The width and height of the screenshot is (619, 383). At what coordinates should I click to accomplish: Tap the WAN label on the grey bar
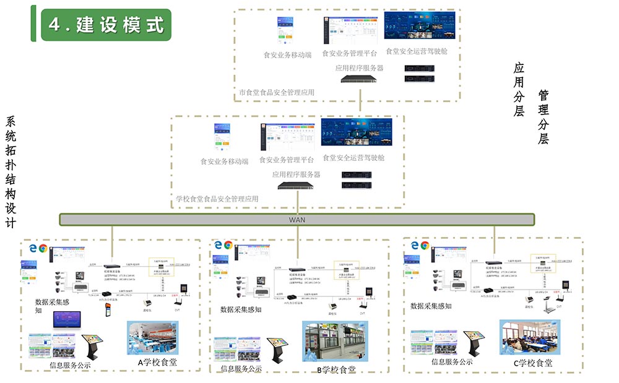[x=297, y=220]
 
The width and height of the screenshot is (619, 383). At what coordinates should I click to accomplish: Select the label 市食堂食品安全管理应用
[x=277, y=93]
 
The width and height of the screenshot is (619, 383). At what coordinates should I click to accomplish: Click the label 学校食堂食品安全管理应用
[x=217, y=199]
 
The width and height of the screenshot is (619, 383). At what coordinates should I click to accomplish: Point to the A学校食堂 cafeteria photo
[x=153, y=338]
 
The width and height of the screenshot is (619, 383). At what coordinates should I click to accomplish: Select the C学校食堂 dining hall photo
[x=529, y=337]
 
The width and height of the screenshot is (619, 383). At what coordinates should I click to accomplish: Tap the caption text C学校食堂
[x=533, y=363]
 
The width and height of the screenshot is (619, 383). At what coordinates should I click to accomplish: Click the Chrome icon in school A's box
[x=43, y=248]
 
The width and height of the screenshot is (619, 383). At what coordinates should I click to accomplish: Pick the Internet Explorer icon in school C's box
[x=414, y=245]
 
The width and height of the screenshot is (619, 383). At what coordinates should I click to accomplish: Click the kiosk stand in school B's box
[x=275, y=351]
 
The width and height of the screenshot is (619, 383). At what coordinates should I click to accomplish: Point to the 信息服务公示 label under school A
[x=70, y=365]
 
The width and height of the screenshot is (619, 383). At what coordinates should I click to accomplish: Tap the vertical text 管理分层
[x=543, y=117]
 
